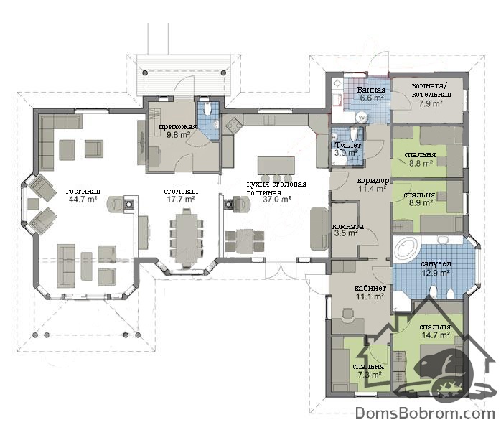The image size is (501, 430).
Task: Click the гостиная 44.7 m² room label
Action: tap(83, 195)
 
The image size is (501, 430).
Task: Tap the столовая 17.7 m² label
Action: tap(181, 195)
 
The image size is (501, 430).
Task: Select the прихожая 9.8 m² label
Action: tap(178, 131)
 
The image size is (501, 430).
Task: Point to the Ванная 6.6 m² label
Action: tap(371, 94)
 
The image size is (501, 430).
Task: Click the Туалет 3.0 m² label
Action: tap(347, 149)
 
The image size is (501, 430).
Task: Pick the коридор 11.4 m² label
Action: tap(373, 184)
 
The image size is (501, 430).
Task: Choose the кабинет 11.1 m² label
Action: tap(370, 292)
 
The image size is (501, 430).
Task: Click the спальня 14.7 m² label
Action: tap(435, 331)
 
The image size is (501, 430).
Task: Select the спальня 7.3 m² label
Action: tap(368, 370)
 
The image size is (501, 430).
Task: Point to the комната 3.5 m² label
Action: tap(347, 230)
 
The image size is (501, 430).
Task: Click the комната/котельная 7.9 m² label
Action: tap(431, 95)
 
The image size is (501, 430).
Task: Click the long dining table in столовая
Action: tap(187, 237)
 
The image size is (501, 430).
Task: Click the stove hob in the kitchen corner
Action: tap(233, 125)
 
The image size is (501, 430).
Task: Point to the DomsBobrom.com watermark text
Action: tap(425, 413)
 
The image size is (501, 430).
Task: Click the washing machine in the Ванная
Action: tap(362, 118)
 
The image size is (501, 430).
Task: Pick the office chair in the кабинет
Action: tap(347, 314)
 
